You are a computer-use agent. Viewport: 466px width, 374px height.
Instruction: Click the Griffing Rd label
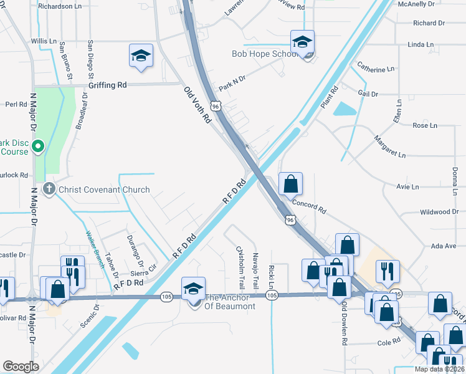[x=107, y=85]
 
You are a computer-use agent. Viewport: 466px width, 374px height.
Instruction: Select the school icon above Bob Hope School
[x=302, y=42]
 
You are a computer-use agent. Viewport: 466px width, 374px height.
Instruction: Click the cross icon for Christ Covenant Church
[x=49, y=189]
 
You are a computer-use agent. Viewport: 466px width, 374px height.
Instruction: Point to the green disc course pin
[x=37, y=147]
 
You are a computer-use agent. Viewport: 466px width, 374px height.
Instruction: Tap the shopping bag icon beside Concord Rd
[x=290, y=185]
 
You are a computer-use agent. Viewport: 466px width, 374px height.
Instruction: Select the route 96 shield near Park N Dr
[x=216, y=107]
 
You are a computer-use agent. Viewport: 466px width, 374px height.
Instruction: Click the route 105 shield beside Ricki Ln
[x=272, y=295]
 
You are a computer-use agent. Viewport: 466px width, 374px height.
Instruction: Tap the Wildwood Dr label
[x=439, y=212]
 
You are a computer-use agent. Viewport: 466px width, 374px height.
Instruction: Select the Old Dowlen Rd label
[x=344, y=323]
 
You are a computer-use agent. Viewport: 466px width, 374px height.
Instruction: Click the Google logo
[x=21, y=366]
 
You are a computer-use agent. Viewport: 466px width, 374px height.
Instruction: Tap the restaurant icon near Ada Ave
[x=388, y=271]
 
